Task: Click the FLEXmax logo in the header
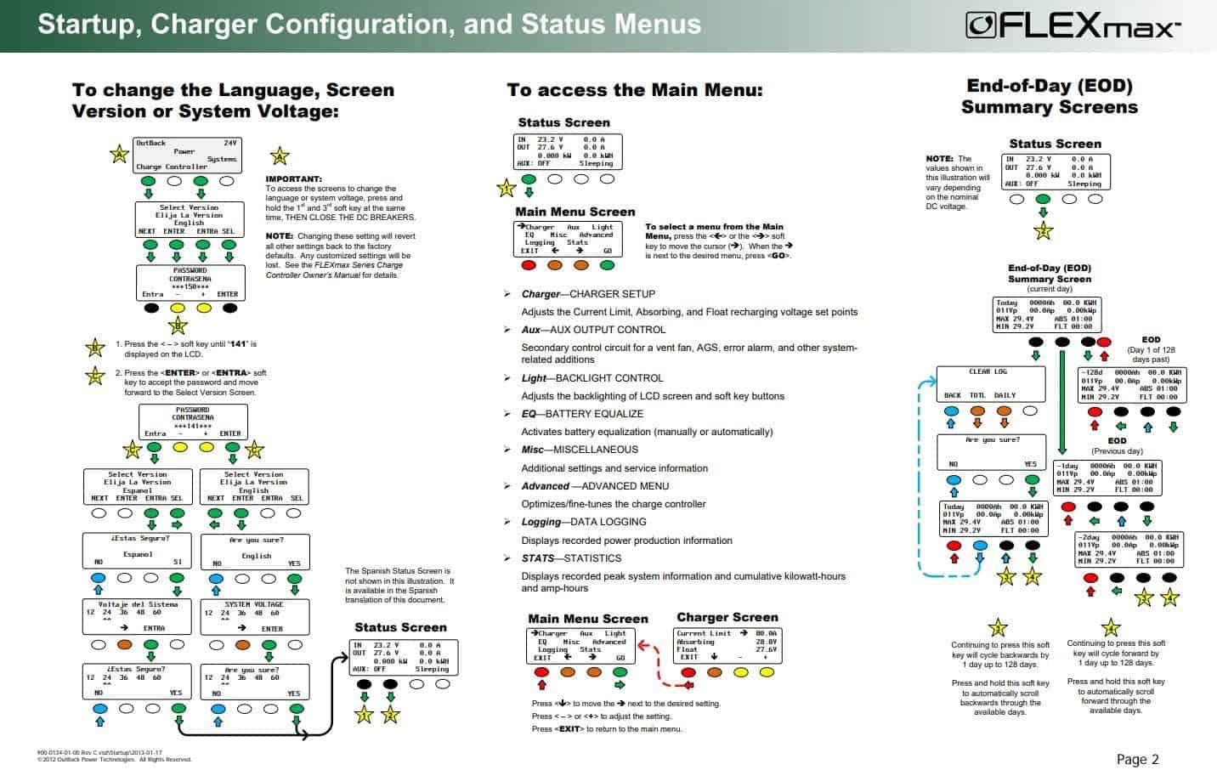point(1073,25)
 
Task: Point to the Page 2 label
point(1137,759)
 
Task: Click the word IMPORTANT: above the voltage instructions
point(293,179)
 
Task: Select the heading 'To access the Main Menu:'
point(635,90)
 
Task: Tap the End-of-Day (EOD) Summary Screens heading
point(1049,96)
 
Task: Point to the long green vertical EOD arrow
point(1061,399)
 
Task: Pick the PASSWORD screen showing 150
point(190,282)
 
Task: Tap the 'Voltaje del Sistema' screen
point(138,616)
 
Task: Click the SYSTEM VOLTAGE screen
point(254,616)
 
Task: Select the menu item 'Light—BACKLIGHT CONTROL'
point(592,378)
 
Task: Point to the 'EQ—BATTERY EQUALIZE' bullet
point(582,414)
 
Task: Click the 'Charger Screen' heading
point(727,617)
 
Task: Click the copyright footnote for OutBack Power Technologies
point(115,760)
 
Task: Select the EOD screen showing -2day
point(1129,550)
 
